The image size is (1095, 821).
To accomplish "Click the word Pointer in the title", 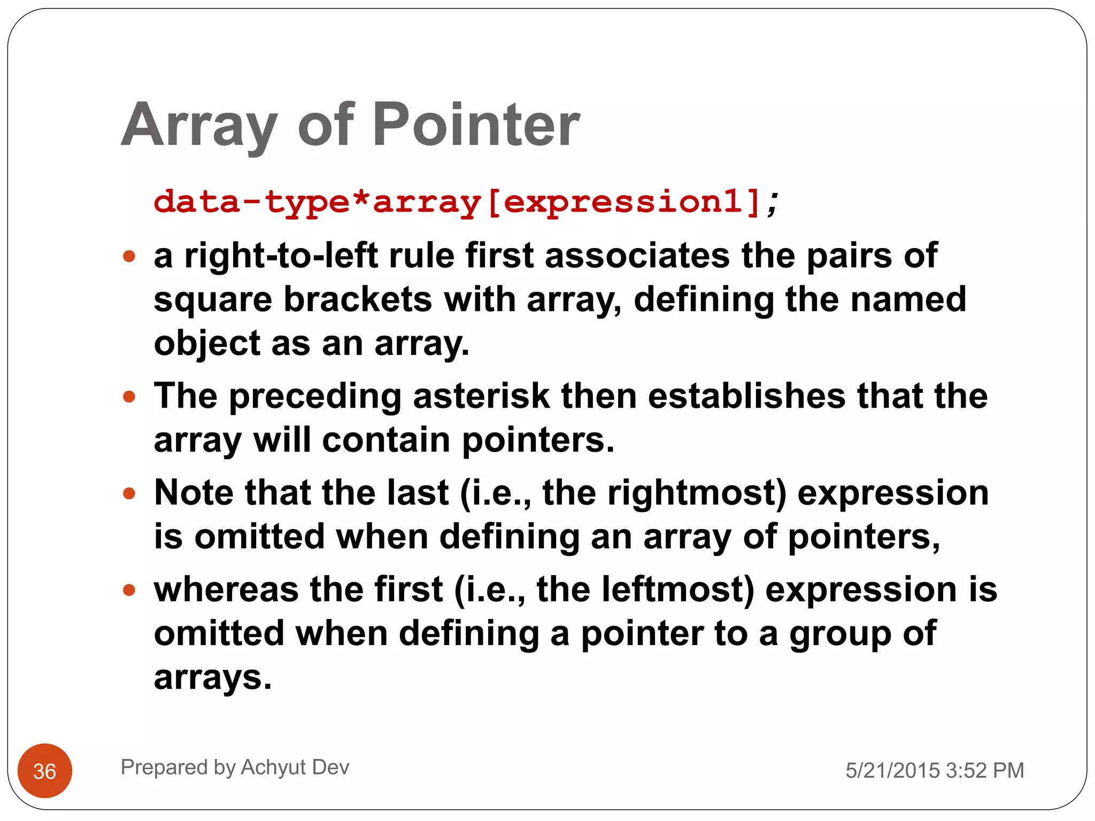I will pyautogui.click(x=475, y=125).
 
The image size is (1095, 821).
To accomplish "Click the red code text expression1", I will pyautogui.click(x=623, y=202).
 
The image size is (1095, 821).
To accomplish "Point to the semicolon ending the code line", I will pyautogui.click(x=772, y=203).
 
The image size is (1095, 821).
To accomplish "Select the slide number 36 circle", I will pyautogui.click(x=45, y=771).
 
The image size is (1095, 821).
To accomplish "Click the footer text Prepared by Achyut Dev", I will pyautogui.click(x=235, y=767).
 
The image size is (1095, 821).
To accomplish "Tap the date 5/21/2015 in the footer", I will pyautogui.click(x=892, y=770).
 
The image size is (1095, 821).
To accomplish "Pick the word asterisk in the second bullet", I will pyautogui.click(x=481, y=396).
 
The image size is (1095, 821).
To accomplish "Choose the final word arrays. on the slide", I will pyautogui.click(x=213, y=677).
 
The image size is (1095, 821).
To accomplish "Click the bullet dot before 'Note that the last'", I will pyautogui.click(x=129, y=493).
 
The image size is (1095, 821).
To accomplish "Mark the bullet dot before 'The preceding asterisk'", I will pyautogui.click(x=129, y=397).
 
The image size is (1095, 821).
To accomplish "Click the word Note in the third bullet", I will pyautogui.click(x=194, y=492).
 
